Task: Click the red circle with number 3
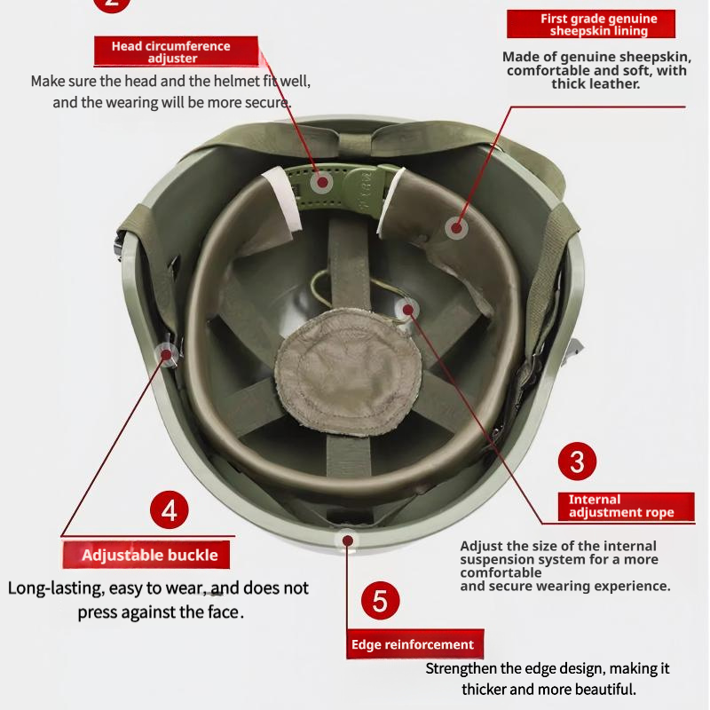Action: click(577, 461)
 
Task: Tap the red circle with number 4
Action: click(170, 510)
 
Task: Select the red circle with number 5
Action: click(380, 601)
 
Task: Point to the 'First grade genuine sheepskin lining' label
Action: click(599, 25)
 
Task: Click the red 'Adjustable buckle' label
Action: click(149, 556)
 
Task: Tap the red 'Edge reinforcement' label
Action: click(412, 644)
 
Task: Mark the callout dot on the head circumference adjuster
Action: click(321, 183)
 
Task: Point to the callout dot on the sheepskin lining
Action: click(456, 228)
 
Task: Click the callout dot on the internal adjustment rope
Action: click(407, 310)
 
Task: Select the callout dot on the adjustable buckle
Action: click(166, 354)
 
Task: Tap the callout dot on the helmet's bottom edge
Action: click(347, 538)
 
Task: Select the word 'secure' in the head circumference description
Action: click(266, 102)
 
